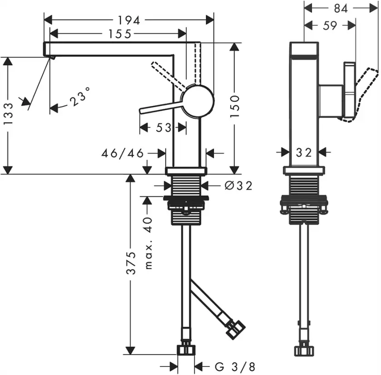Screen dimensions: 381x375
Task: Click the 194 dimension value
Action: pos(129,20)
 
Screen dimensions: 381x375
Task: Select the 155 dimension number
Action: pos(120,34)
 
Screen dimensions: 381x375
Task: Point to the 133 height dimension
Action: pos(8,114)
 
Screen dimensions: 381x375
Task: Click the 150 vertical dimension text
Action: pos(235,106)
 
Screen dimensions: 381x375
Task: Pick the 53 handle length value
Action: pos(164,128)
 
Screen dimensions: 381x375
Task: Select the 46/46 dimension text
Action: pos(122,153)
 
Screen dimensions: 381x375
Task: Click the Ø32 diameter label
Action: pos(239,186)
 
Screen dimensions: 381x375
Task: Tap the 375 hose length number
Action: pos(131,263)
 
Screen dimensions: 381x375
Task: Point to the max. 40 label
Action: pos(148,243)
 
